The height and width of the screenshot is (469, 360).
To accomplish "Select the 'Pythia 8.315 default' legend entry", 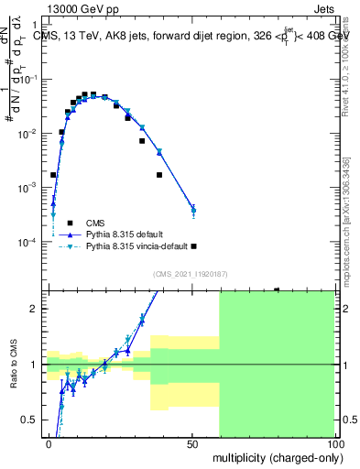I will point(124,234).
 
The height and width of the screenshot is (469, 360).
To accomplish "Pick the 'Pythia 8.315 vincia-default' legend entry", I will point(137,246).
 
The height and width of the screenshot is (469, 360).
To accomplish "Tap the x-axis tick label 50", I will point(192,444).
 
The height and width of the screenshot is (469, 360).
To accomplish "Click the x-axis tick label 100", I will point(333,444).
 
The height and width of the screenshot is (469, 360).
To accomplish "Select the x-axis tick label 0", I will point(49,444).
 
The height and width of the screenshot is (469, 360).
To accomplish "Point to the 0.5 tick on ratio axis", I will point(34,420).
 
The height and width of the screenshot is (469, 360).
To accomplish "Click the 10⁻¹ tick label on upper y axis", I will point(31,80).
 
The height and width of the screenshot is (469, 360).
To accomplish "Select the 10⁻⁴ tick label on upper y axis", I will point(31,242).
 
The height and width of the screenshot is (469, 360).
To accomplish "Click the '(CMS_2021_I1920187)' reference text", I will point(191,272).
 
